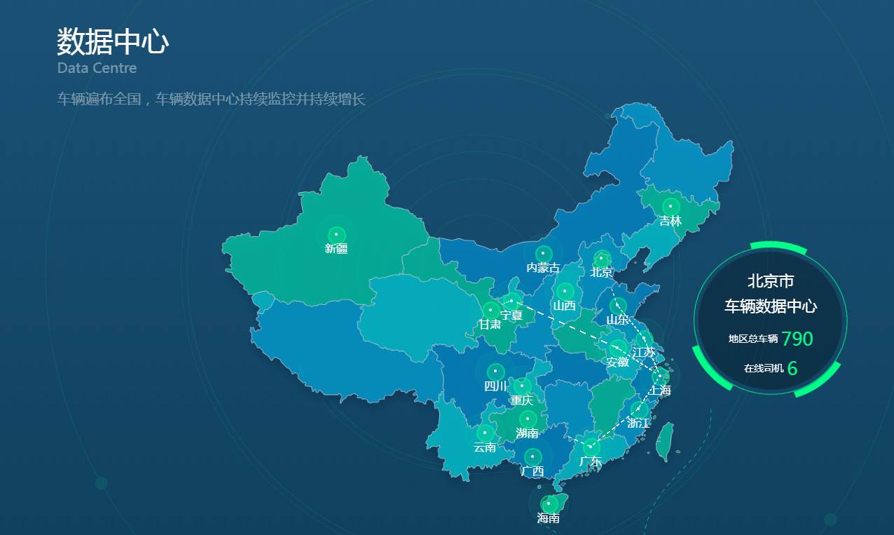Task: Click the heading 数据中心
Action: (113, 42)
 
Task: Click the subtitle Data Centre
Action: (97, 68)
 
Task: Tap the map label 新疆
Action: (336, 249)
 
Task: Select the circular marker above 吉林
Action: (670, 206)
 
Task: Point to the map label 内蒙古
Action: (543, 268)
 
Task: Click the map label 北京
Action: (601, 272)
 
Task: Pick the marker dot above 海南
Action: (549, 503)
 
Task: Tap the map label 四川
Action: (495, 386)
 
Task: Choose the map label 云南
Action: (485, 447)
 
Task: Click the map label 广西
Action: (532, 471)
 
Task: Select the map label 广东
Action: (591, 461)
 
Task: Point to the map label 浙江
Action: (638, 424)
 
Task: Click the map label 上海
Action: (659, 390)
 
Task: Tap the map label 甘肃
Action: (490, 325)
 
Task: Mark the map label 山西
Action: (564, 306)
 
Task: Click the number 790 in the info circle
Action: (797, 339)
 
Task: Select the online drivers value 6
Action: (792, 368)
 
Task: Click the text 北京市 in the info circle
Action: (771, 282)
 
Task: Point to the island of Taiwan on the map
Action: (664, 441)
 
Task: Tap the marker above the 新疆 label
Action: (336, 233)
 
